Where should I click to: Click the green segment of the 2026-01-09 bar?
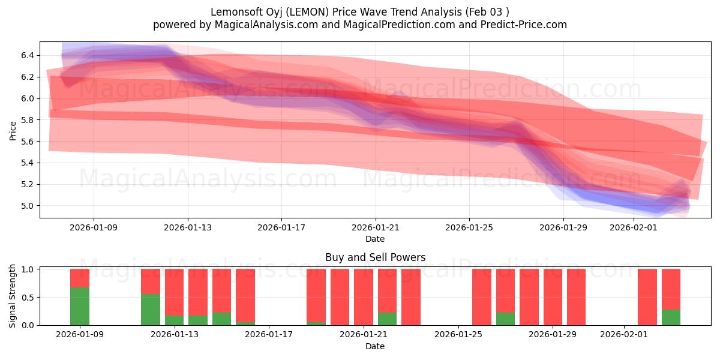pos(80,306)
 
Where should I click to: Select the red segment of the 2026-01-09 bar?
pos(80,278)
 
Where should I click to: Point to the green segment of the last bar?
pos(671,317)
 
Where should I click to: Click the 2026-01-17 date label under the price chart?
pos(281,227)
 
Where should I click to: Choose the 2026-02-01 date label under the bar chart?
pos(624,335)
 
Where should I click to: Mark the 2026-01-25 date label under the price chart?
pos(469,227)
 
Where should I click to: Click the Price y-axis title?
pos(13,130)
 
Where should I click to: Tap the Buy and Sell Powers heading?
pos(375,257)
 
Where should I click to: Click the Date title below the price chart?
pos(375,239)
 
